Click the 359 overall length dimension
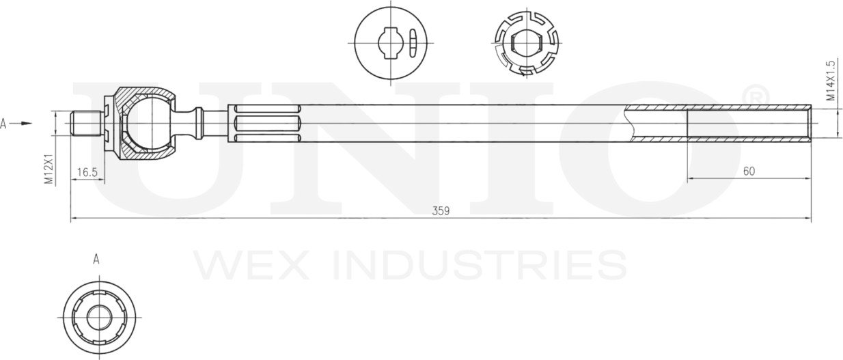(x=441, y=211)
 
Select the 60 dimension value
(x=749, y=171)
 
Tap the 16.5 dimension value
(x=87, y=172)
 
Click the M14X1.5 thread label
(x=831, y=81)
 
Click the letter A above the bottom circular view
(x=96, y=260)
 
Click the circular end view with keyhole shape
(x=389, y=42)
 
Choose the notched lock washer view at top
(x=525, y=42)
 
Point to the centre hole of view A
(x=99, y=317)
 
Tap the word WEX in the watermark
(x=238, y=265)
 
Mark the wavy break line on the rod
(x=628, y=124)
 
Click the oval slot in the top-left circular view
(x=412, y=42)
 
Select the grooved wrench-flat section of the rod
(x=266, y=124)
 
